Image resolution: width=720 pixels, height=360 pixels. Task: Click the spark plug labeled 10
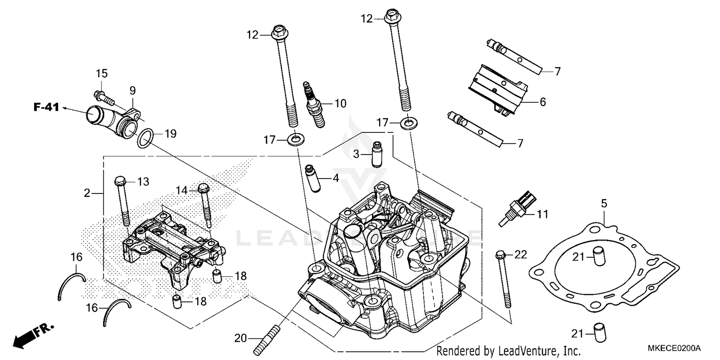pyautogui.click(x=312, y=105)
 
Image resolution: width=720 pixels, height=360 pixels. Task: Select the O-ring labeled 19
pyautogui.click(x=145, y=138)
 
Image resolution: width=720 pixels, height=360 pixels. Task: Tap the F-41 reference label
pyautogui.click(x=46, y=108)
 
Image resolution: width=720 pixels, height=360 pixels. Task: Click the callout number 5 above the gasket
pyautogui.click(x=603, y=204)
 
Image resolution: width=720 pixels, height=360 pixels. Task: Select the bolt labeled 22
pyautogui.click(x=504, y=278)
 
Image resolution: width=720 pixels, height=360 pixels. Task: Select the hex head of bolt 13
pyautogui.click(x=120, y=181)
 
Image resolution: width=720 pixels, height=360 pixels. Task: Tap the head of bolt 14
pyautogui.click(x=203, y=188)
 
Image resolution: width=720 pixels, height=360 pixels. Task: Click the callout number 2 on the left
pyautogui.click(x=87, y=193)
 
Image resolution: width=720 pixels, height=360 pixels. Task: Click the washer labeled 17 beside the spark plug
pyautogui.click(x=295, y=140)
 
